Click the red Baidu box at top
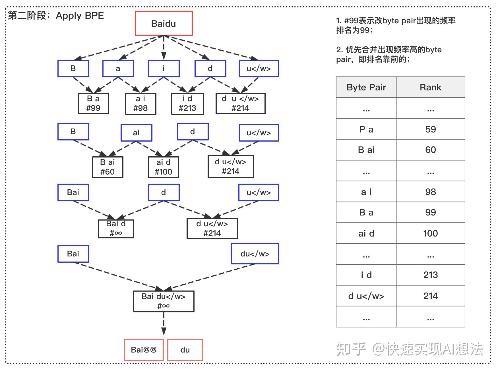pos(164,23)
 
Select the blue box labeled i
pos(164,69)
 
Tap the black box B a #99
pos(93,103)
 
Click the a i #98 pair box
pos(140,103)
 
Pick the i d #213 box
pos(187,103)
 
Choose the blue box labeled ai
pos(136,133)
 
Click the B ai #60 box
pos(108,167)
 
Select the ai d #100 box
pos(163,167)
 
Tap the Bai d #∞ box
pos(116,229)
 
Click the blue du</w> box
pos(255,254)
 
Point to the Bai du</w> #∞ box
pos(164,301)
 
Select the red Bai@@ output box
pos(144,350)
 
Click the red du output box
pos(185,350)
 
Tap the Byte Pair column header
pos(366,87)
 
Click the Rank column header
pos(430,87)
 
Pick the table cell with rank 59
pos(430,129)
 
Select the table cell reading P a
pos(366,129)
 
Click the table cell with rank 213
pos(430,275)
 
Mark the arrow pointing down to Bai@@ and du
pos(164,324)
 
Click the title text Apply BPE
pos(80,16)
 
